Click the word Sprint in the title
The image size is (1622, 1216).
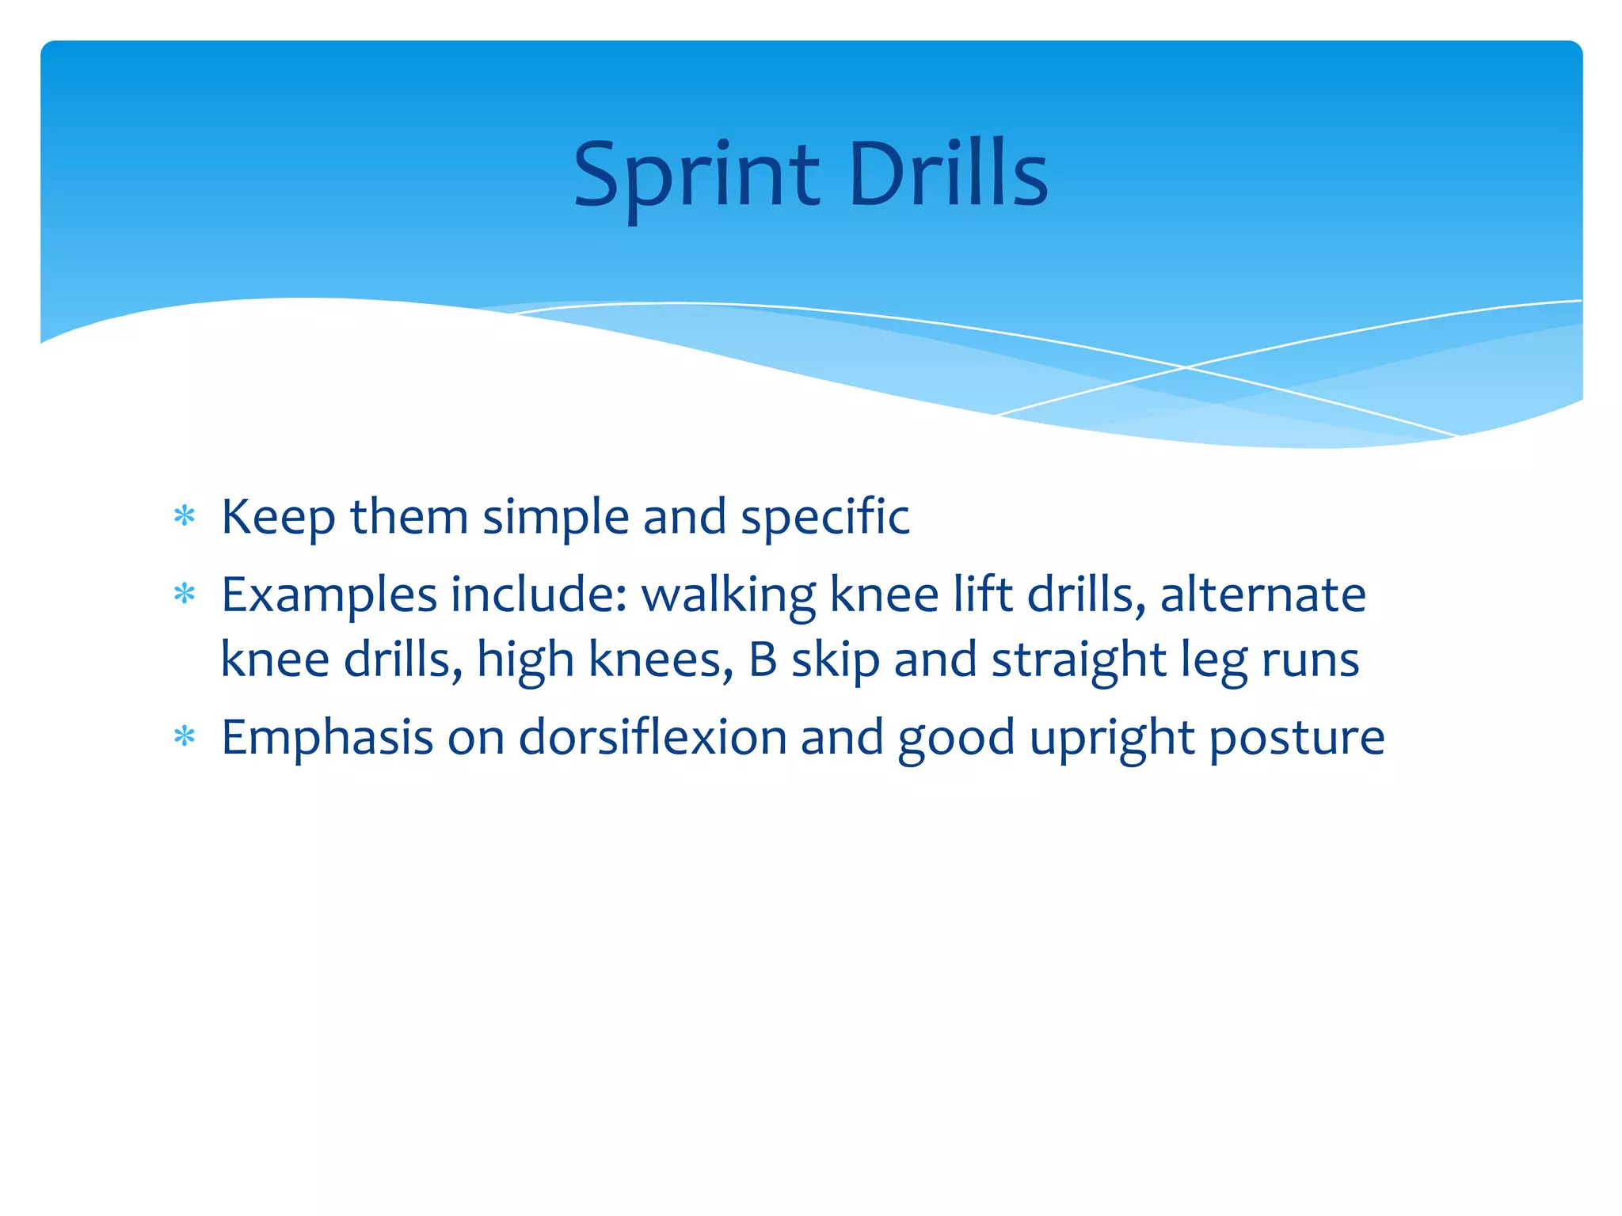click(x=695, y=176)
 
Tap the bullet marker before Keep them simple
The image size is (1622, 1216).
click(x=185, y=517)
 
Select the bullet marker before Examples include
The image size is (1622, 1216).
click(x=185, y=594)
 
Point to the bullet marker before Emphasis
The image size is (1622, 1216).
click(x=185, y=737)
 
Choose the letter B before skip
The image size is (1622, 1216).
click(x=763, y=659)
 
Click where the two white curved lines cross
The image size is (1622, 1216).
click(x=1186, y=367)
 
